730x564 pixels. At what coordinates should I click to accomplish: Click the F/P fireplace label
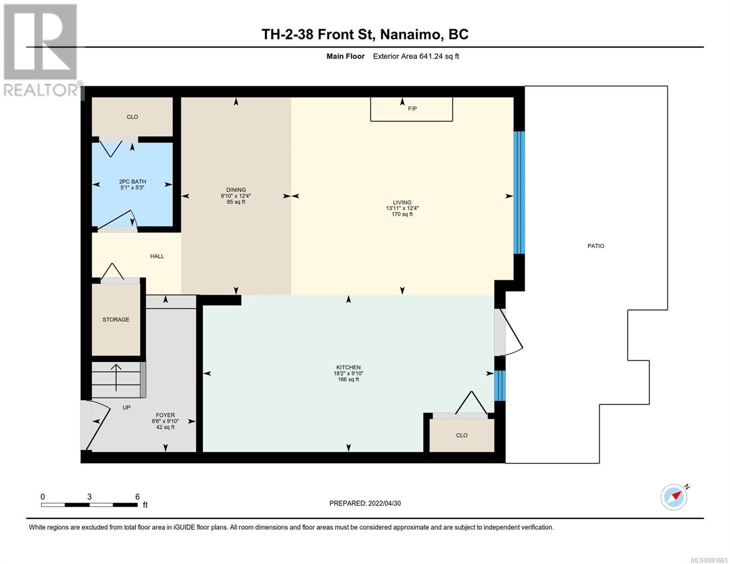click(x=412, y=109)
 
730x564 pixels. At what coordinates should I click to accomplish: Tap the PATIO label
click(x=596, y=246)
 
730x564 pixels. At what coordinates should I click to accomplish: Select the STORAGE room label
click(x=116, y=320)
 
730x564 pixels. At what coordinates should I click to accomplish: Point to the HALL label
click(x=157, y=256)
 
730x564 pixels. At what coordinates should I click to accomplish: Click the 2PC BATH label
click(x=133, y=181)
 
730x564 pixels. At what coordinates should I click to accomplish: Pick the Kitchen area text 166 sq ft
click(x=348, y=379)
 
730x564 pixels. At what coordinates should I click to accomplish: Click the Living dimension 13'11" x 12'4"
click(x=402, y=208)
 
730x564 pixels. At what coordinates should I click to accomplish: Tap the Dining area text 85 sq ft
click(x=236, y=202)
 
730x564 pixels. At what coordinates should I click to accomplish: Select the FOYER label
click(x=165, y=415)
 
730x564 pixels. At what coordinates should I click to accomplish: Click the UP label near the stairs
click(x=126, y=407)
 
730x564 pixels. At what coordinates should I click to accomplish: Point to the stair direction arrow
click(x=116, y=377)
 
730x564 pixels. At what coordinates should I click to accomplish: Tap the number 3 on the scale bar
click(x=89, y=497)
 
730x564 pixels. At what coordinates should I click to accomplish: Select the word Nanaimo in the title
click(x=410, y=34)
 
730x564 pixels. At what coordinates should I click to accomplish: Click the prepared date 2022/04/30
click(x=385, y=503)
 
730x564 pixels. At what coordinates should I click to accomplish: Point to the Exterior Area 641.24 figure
click(x=416, y=56)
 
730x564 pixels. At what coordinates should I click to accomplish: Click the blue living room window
click(x=519, y=193)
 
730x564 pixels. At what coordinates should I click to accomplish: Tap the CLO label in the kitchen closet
click(x=462, y=435)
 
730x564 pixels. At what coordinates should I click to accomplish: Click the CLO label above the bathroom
click(x=132, y=117)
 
